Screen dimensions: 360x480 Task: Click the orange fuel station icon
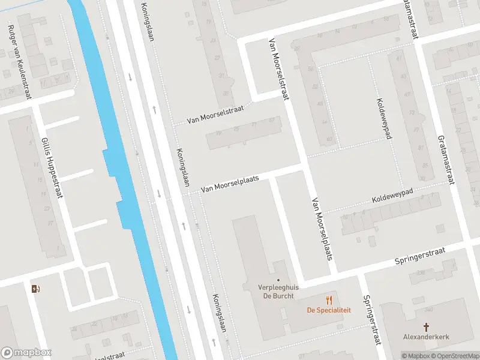coord(36,289)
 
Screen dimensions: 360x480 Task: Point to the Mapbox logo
coord(26,353)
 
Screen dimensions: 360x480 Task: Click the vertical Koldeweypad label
coord(384,119)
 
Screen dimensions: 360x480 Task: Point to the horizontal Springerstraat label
coord(420,256)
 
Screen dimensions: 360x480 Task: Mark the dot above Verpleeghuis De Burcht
coord(278,279)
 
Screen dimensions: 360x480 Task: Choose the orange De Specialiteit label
coord(329,310)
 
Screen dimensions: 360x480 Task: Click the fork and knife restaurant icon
coord(329,299)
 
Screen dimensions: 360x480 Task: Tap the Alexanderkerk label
coord(427,337)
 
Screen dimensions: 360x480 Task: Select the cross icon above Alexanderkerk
coord(427,327)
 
